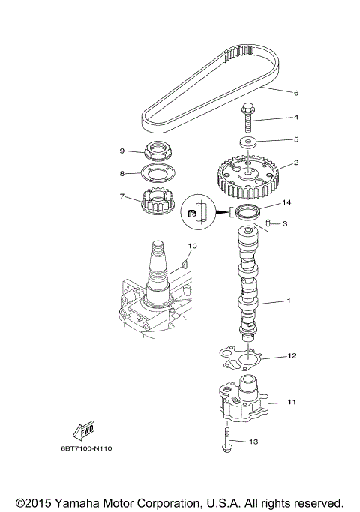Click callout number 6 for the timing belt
295,93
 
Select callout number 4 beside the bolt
295,118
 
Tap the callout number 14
286,203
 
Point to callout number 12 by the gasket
292,356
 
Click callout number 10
192,246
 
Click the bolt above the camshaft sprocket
247,115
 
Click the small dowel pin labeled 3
266,223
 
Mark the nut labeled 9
156,151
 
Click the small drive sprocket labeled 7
156,203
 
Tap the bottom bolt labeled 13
225,439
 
